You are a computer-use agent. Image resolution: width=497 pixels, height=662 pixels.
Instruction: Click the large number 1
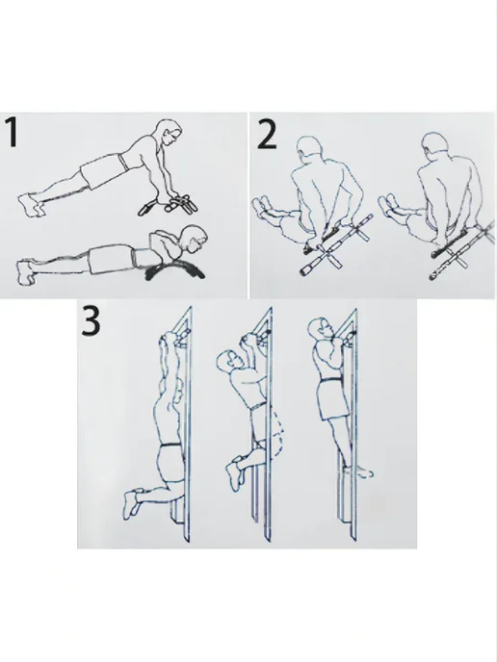click(x=13, y=133)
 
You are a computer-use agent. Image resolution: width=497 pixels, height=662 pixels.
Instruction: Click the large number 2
click(x=267, y=135)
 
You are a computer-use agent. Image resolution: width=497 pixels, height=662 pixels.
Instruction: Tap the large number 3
click(x=91, y=320)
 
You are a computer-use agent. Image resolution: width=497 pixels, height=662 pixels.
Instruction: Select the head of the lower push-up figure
click(x=194, y=239)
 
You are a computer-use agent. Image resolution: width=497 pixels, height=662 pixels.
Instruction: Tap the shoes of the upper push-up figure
click(x=31, y=205)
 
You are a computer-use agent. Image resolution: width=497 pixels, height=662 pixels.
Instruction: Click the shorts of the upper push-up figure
click(x=103, y=169)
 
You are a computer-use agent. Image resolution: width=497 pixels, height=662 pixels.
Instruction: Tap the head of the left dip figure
click(x=308, y=148)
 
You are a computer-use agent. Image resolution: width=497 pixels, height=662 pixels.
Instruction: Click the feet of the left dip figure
click(x=262, y=207)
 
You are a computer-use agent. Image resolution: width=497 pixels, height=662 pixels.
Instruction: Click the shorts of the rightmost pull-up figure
click(x=332, y=399)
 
